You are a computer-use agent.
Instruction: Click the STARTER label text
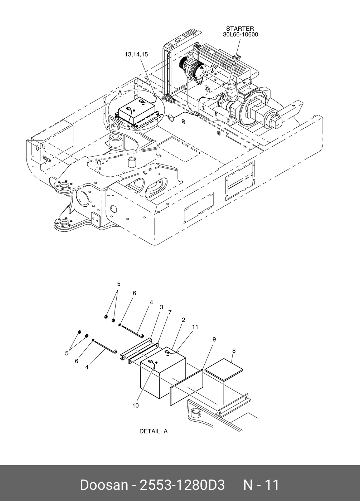pyautogui.click(x=240, y=29)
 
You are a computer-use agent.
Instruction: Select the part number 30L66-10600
pyautogui.click(x=240, y=35)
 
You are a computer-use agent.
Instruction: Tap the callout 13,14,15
pyautogui.click(x=136, y=54)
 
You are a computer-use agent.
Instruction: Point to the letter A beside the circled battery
pyautogui.click(x=120, y=93)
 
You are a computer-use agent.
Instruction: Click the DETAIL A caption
pyautogui.click(x=153, y=431)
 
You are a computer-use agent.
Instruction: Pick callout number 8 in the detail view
pyautogui.click(x=233, y=351)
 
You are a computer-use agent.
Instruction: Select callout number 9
pyautogui.click(x=214, y=339)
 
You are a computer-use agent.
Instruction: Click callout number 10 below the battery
pyautogui.click(x=135, y=406)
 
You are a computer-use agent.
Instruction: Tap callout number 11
pyautogui.click(x=195, y=327)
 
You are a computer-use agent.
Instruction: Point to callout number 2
pyautogui.click(x=183, y=320)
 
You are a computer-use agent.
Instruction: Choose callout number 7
pyautogui.click(x=170, y=312)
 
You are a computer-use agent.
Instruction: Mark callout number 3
pyautogui.click(x=161, y=307)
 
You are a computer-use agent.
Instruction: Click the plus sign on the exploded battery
pyautogui.click(x=156, y=363)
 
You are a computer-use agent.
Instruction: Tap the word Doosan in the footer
pyautogui.click(x=103, y=485)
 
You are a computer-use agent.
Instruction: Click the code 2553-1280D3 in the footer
pyautogui.click(x=182, y=485)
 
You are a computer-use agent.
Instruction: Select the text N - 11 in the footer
pyautogui.click(x=261, y=485)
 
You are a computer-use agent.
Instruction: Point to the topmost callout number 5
pyautogui.click(x=119, y=284)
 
